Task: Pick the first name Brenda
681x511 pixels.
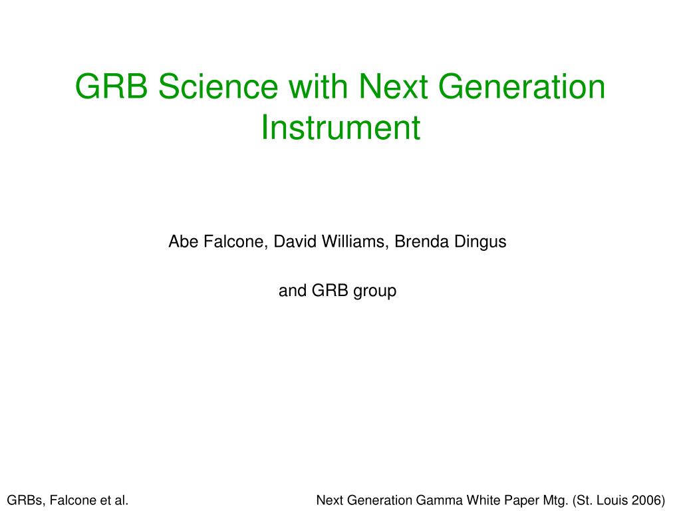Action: point(422,242)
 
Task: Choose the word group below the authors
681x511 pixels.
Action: point(375,291)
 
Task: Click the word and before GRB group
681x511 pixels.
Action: point(293,291)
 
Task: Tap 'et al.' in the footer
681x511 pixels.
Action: point(114,500)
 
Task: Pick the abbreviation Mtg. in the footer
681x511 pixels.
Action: point(556,501)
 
